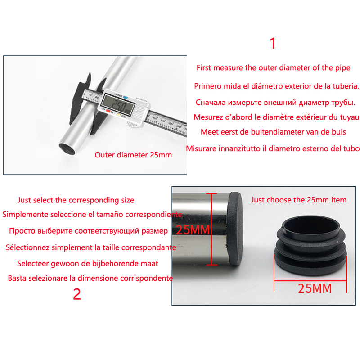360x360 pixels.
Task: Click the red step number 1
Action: pos(273,43)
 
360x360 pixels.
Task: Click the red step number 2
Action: pos(77,294)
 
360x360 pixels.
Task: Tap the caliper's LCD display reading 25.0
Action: pos(118,105)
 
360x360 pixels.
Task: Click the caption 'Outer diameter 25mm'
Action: pos(133,155)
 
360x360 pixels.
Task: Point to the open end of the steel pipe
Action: pos(67,149)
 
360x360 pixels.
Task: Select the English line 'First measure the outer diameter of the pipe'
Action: pos(274,68)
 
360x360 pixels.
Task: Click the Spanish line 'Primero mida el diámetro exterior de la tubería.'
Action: pos(276,86)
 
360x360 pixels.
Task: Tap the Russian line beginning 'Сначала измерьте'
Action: pos(275,103)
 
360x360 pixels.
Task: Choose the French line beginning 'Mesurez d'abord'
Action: pos(276,117)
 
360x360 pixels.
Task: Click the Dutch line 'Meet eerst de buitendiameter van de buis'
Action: pos(273,132)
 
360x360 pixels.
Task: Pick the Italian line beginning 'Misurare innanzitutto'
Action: pos(273,148)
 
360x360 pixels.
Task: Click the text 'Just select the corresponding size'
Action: pos(76,200)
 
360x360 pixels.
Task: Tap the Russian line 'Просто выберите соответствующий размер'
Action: pos(88,231)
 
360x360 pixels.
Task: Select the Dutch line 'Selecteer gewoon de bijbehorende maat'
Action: pos(88,263)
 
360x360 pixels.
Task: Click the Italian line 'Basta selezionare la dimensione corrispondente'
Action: pos(90,278)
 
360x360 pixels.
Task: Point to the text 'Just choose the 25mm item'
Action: pos(298,200)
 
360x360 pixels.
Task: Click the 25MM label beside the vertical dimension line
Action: pos(193,230)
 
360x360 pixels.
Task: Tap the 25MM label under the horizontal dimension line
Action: pos(315,288)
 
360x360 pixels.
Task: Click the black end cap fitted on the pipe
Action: pos(234,229)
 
